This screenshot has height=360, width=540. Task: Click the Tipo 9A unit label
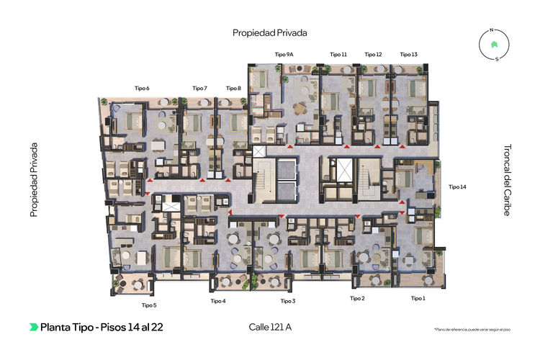(x=284, y=54)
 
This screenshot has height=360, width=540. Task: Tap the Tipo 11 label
(x=338, y=54)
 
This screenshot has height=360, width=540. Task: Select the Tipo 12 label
(x=373, y=54)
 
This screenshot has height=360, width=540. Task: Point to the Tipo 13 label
(x=408, y=54)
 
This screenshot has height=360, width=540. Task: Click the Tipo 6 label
(x=142, y=88)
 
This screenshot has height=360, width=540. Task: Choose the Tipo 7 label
(x=199, y=88)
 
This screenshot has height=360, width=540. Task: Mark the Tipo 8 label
(x=233, y=88)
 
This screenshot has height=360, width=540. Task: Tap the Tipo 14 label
(x=457, y=186)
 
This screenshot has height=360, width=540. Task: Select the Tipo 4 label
(x=218, y=301)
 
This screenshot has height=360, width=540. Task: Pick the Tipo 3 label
(x=288, y=301)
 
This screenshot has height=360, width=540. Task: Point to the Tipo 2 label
(x=357, y=298)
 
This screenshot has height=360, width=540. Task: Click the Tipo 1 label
(x=418, y=298)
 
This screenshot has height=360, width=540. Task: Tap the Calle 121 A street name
(x=265, y=327)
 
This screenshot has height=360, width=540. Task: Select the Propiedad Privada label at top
(x=270, y=33)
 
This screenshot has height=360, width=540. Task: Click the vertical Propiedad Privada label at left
(x=33, y=180)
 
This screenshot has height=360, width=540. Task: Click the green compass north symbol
(x=493, y=45)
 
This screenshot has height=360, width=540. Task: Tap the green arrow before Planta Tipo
(x=33, y=327)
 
